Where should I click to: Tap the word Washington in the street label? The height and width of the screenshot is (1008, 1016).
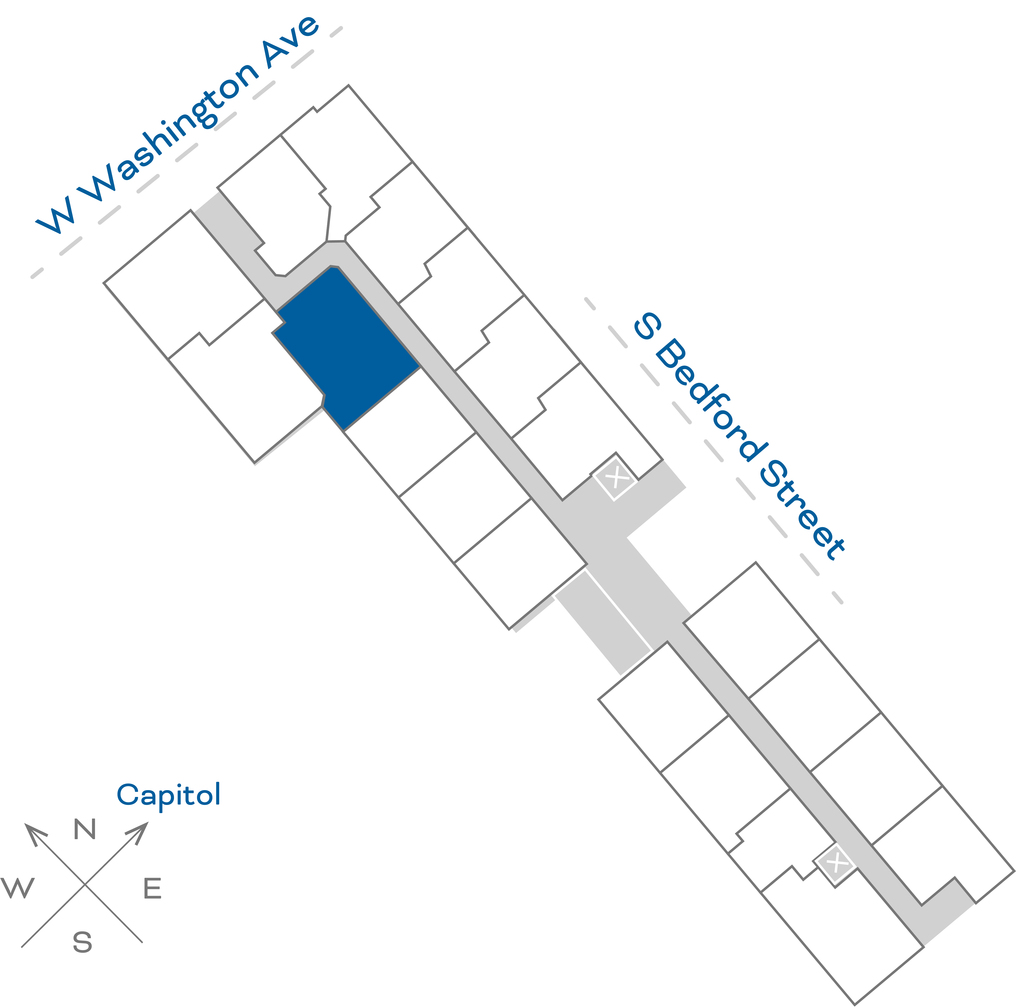173,131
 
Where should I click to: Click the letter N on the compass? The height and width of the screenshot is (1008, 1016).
85,830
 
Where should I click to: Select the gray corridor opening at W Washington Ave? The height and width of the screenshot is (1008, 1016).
208,205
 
